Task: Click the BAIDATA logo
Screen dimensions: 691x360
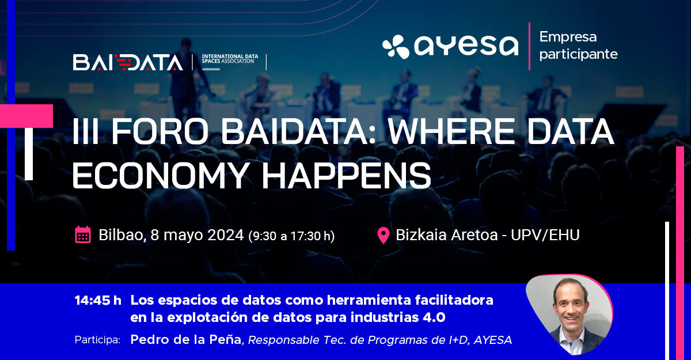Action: pos(128,62)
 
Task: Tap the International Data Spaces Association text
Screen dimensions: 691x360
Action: pos(230,59)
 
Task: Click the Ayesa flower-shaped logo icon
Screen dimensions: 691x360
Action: pos(396,47)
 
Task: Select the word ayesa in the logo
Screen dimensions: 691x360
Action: pos(466,46)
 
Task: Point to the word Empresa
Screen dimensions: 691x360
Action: pos(568,37)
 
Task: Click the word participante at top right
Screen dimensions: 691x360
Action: pos(578,55)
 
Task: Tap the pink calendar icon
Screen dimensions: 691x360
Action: pos(83,235)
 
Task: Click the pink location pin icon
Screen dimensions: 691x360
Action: pos(383,236)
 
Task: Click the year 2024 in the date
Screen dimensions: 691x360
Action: pos(226,235)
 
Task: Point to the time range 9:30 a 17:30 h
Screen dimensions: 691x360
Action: pos(291,236)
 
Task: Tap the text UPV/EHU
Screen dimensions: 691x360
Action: pos(545,235)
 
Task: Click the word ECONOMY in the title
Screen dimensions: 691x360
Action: pos(161,175)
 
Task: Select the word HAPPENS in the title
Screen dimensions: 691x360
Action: pos(347,175)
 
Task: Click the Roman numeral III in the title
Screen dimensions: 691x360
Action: pos(85,131)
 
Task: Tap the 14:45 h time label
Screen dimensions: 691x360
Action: pos(98,301)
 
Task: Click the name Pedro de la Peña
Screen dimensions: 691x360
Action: pos(185,340)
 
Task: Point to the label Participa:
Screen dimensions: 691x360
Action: pos(97,340)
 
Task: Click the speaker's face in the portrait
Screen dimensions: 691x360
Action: pos(571,305)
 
